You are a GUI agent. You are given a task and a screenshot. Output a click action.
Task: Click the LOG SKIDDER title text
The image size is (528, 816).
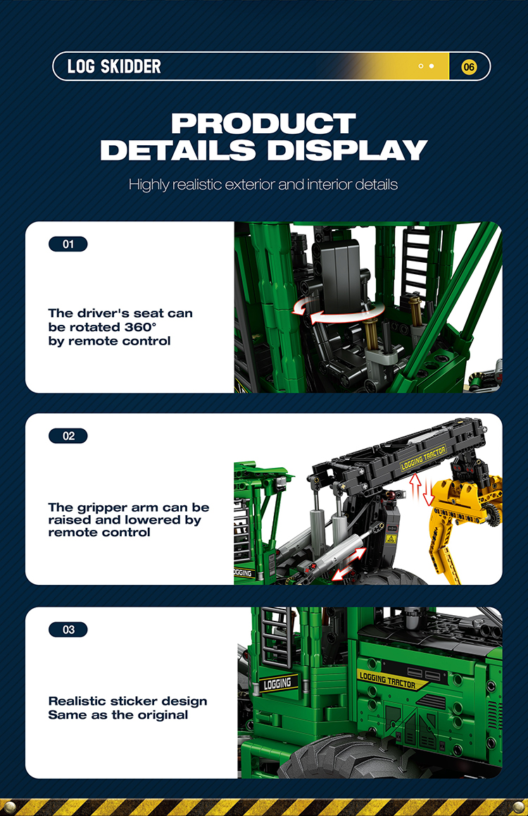[x=114, y=67]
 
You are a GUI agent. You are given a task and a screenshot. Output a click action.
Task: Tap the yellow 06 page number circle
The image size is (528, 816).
[x=469, y=67]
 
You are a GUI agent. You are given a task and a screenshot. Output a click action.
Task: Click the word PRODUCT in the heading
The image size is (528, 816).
[x=263, y=124]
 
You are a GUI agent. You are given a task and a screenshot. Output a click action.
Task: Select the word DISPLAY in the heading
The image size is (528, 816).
[x=347, y=150]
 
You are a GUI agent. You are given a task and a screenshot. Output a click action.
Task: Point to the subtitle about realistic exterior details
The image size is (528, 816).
[x=263, y=185]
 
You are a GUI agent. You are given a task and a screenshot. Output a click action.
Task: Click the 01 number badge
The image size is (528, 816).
[x=68, y=244]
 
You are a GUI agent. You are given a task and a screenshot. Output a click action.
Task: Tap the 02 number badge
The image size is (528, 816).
[x=68, y=436]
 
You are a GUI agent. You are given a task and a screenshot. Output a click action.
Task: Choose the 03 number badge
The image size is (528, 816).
[x=68, y=630]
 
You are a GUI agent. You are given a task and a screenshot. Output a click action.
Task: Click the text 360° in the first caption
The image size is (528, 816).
[x=140, y=328]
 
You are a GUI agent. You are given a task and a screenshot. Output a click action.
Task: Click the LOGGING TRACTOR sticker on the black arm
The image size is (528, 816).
[x=423, y=457]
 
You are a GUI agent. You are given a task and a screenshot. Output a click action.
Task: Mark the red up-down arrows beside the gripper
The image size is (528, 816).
[x=421, y=489]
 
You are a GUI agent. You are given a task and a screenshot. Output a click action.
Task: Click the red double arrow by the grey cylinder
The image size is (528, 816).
[x=348, y=564]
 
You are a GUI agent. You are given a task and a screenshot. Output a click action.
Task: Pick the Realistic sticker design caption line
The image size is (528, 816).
[x=128, y=702]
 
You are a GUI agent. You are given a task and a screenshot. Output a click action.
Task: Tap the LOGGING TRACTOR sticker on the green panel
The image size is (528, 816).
[x=388, y=680]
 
